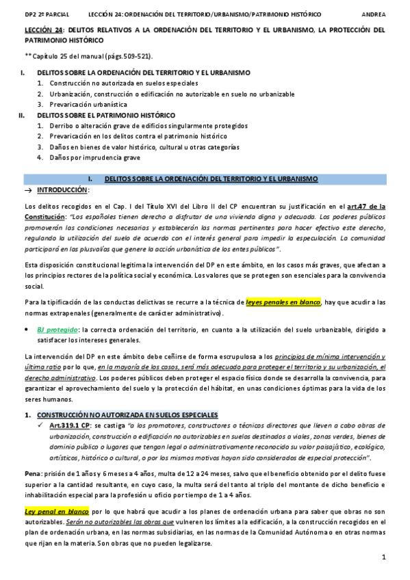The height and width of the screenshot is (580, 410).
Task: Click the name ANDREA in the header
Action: pos(372,14)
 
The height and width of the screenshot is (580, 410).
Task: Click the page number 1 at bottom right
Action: pos(384,558)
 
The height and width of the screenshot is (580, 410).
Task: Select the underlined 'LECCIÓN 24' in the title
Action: pos(44,30)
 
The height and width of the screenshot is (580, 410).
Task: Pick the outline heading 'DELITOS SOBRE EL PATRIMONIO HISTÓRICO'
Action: pos(106,115)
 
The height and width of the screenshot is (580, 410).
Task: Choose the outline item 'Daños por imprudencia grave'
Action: pos(92,157)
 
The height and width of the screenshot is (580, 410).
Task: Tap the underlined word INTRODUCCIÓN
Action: pos(62,189)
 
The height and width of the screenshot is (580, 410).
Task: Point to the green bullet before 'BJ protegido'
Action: pos(27,329)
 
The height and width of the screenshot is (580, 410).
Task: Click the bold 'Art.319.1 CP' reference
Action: pos(70,425)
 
